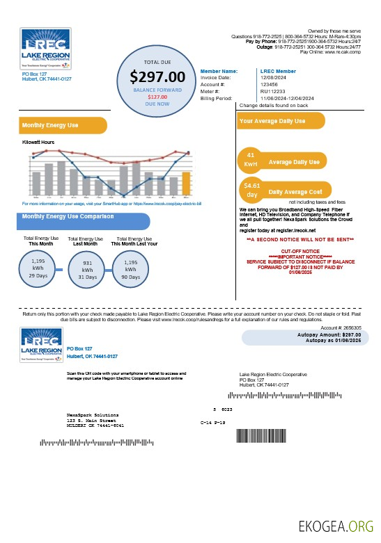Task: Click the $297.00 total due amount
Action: [157, 76]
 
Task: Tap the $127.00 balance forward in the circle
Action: [157, 97]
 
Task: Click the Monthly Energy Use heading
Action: [50, 126]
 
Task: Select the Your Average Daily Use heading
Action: [272, 121]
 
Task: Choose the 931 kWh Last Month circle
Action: [88, 268]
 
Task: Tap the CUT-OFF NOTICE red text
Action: [300, 250]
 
